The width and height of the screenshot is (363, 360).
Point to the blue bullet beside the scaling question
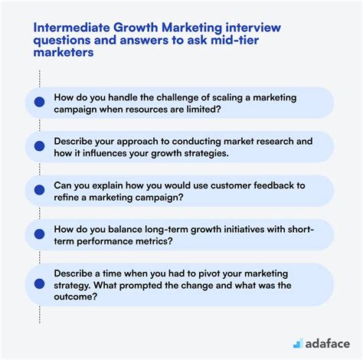pyautogui.click(x=40, y=102)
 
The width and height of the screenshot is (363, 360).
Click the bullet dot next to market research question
pyautogui.click(x=40, y=146)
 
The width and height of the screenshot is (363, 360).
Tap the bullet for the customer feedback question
pyautogui.click(x=40, y=190)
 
